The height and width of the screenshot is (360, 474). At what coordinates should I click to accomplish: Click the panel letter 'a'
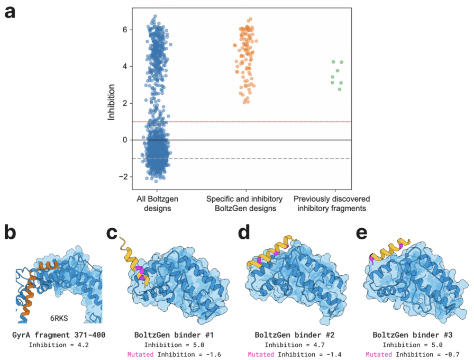coord(10,13)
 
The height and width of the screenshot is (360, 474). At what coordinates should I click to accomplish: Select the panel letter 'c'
coord(112,233)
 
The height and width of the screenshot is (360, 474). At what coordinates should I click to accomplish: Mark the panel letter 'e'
coord(362,233)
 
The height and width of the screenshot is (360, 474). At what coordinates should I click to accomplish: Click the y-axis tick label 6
coord(125,30)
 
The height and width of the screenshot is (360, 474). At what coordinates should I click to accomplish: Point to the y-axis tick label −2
coord(123,177)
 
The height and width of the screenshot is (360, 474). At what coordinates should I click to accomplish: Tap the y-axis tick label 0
coord(125,140)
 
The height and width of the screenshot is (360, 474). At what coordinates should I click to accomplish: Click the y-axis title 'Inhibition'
coord(111,102)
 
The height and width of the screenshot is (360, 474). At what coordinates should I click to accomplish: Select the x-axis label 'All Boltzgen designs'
coord(157,204)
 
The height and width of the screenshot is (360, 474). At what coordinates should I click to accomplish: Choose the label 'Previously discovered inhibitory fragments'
coord(332,204)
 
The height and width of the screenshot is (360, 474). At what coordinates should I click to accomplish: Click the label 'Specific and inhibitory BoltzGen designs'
coord(244,204)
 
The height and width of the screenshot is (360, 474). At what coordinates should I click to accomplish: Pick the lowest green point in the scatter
coord(340,89)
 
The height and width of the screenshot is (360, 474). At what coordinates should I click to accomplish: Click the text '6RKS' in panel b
coord(59,318)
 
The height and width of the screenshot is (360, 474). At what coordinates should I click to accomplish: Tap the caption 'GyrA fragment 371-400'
coord(59,335)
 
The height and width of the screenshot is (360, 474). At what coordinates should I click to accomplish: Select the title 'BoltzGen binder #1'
coord(174,335)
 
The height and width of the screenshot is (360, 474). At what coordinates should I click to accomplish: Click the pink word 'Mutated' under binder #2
coord(261,354)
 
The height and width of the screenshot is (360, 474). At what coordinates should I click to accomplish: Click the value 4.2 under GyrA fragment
coord(83,345)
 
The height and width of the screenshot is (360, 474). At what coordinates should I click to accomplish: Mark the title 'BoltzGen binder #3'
coord(412,335)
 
